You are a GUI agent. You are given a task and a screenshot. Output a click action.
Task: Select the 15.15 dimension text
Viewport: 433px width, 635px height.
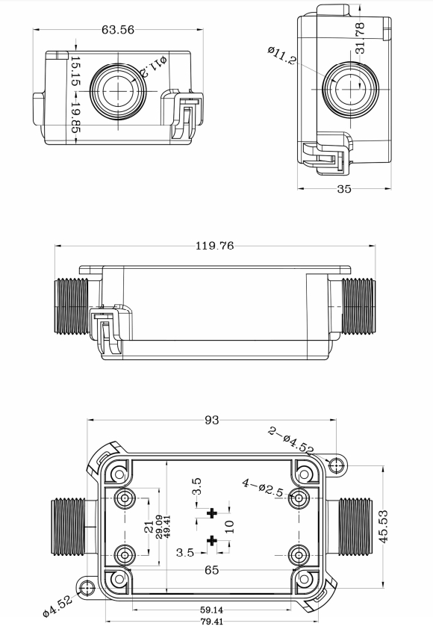click(75, 71)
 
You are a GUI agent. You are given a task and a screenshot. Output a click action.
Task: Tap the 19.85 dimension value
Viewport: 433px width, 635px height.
click(75, 117)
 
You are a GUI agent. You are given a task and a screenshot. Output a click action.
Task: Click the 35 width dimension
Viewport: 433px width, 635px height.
click(343, 189)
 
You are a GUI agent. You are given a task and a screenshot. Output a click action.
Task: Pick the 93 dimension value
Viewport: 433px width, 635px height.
click(212, 421)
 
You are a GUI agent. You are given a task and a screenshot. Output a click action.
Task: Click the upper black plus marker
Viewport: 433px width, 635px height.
click(212, 512)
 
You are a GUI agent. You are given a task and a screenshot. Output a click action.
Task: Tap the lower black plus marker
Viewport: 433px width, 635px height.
click(212, 540)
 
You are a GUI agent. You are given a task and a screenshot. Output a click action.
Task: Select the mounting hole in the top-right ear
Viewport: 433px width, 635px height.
click(337, 465)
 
